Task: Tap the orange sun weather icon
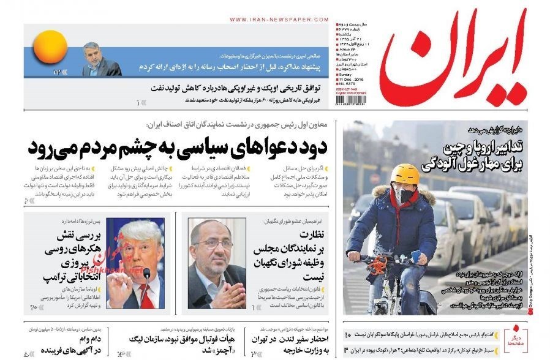[50, 48]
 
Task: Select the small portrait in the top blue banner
[102, 59]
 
